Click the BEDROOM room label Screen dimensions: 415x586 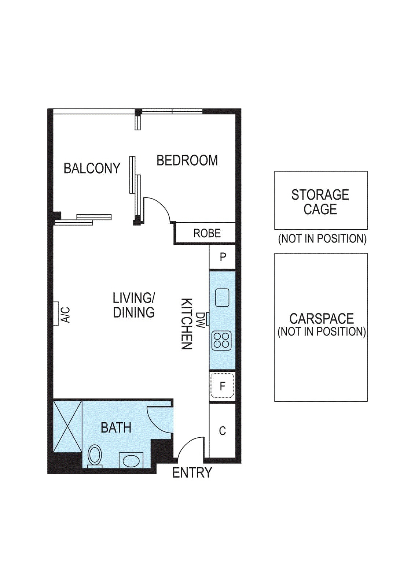coord(187,160)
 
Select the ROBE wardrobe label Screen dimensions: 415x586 coord(207,233)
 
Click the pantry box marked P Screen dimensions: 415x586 coord(223,257)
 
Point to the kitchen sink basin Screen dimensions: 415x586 coord(222,297)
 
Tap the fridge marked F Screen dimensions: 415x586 coord(222,386)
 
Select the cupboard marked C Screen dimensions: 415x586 coord(222,431)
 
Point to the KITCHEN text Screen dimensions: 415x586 coord(187,324)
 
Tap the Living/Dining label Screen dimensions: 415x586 coord(134,305)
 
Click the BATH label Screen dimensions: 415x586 coord(116,428)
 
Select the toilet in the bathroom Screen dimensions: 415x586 coord(95,456)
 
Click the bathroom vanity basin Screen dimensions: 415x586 coord(131,461)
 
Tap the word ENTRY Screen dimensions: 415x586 coord(192,472)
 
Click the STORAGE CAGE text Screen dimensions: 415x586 coord(320,202)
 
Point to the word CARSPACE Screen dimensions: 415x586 coord(322,319)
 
